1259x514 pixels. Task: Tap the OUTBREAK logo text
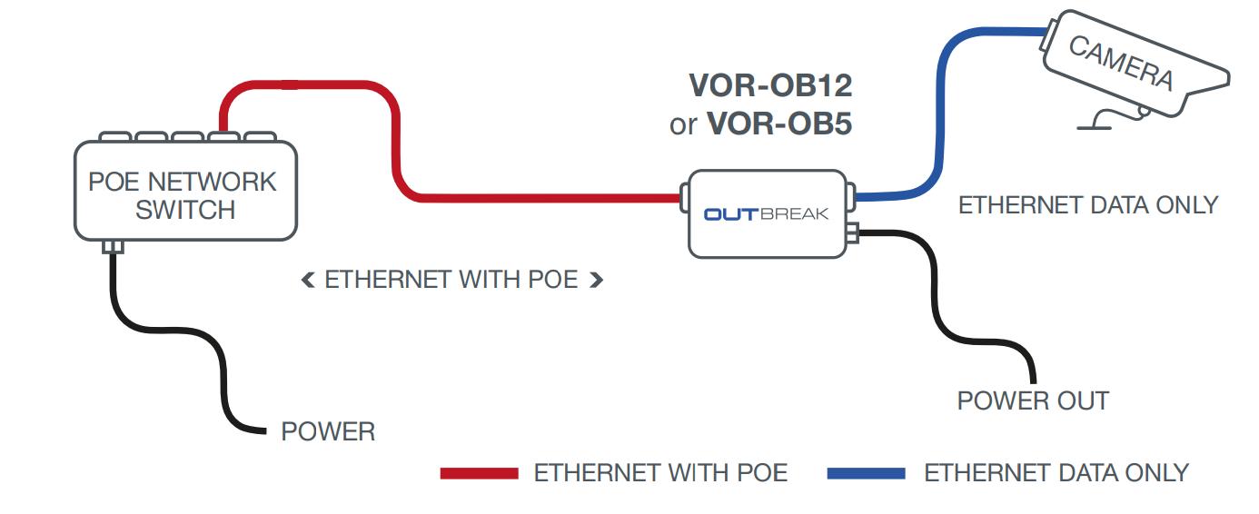pyautogui.click(x=766, y=215)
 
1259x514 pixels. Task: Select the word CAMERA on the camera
pyautogui.click(x=1120, y=63)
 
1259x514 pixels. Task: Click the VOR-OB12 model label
pyautogui.click(x=770, y=86)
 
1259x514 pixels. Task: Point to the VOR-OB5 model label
pyautogui.click(x=778, y=123)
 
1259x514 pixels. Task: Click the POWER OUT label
pyautogui.click(x=1033, y=400)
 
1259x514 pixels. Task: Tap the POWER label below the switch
pyautogui.click(x=328, y=431)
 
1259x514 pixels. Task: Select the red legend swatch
pyautogui.click(x=479, y=473)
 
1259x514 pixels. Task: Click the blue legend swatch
pyautogui.click(x=867, y=473)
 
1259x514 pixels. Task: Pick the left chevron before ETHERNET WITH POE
pyautogui.click(x=307, y=281)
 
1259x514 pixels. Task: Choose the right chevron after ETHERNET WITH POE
pyautogui.click(x=596, y=281)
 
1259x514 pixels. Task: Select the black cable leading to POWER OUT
pyautogui.click(x=936, y=291)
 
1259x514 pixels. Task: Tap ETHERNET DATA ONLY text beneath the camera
pyautogui.click(x=1087, y=205)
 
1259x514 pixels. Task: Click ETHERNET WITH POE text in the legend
pyautogui.click(x=660, y=473)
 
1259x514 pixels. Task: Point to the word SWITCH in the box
pyautogui.click(x=185, y=211)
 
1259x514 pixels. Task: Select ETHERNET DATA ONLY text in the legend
pyautogui.click(x=1056, y=473)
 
